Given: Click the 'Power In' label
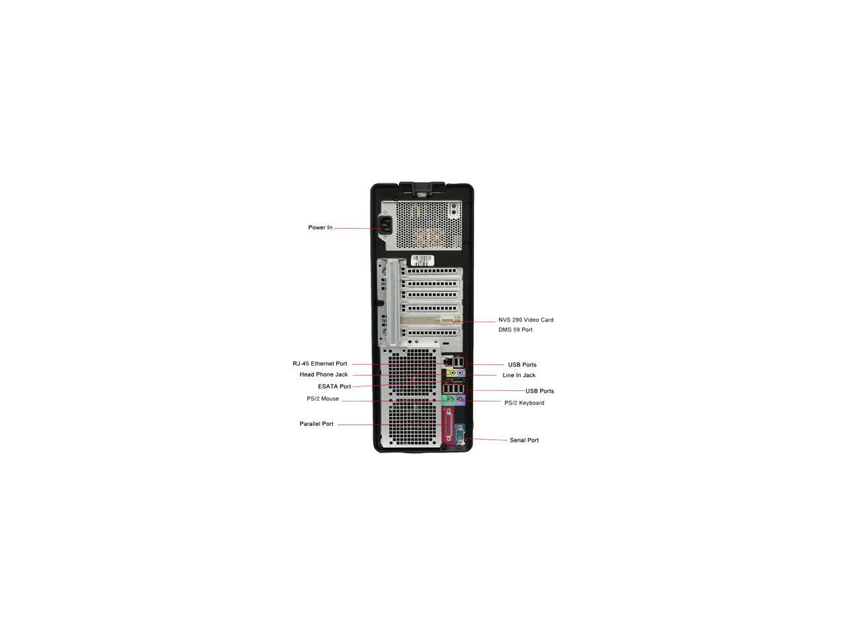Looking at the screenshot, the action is click(x=320, y=228).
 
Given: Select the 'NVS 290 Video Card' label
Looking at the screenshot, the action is click(x=526, y=320).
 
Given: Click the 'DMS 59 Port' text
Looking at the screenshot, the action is click(x=515, y=330).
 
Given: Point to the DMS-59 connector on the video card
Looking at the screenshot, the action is click(x=448, y=321).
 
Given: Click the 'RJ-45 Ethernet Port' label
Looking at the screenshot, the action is click(x=320, y=364).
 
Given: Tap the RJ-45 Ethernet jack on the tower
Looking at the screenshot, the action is click(x=449, y=362).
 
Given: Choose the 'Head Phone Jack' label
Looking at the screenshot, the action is click(x=324, y=374).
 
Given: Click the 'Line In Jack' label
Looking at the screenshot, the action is click(x=519, y=376).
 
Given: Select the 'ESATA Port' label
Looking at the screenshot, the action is click(x=334, y=386).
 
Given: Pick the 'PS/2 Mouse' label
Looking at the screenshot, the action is click(x=322, y=399).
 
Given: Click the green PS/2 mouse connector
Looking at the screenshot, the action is click(x=449, y=400).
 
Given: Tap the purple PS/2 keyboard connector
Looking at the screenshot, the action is click(x=461, y=400).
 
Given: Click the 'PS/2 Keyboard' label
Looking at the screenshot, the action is click(x=524, y=403).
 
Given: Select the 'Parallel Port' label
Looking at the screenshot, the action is click(x=316, y=424).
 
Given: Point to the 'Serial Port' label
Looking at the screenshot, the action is click(x=524, y=441).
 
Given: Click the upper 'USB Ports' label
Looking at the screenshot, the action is click(x=522, y=365).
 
